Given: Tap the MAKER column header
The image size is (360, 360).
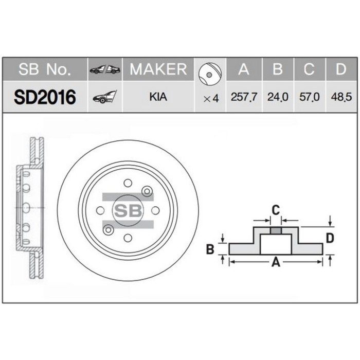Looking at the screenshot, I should point(158,69).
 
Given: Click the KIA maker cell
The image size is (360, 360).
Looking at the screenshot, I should point(158,97).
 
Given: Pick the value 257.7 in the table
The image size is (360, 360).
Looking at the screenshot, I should point(244,97).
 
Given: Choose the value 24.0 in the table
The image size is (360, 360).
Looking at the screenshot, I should point(278,97).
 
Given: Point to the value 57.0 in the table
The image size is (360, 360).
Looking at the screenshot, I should point(310,97).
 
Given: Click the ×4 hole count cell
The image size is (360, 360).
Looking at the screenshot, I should point(211,97).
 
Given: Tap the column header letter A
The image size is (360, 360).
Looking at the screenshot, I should point(244,69).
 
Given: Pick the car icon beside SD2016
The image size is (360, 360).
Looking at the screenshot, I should point(104,97).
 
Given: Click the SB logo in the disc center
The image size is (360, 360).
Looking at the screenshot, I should point(127,210).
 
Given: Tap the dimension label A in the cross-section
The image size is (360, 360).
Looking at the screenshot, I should point(275,263).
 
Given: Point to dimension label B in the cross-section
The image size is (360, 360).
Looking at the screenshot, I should point(209,249).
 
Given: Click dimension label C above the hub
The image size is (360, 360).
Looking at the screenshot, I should point(276,209).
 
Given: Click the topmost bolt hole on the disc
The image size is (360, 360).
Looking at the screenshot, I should point(127,183).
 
